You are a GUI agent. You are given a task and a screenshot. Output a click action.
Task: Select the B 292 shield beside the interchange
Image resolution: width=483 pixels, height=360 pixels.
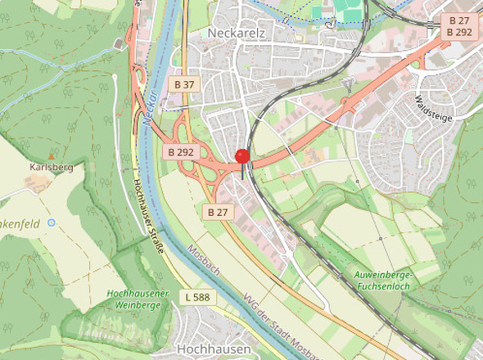click(181, 151)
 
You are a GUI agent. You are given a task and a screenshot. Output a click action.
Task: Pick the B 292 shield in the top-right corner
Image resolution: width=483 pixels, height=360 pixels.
click(458, 32)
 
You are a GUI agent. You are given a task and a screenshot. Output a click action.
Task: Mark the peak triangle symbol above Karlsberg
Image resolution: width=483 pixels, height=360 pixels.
click(52, 155)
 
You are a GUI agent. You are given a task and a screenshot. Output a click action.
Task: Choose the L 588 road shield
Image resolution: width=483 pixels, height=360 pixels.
click(198, 295)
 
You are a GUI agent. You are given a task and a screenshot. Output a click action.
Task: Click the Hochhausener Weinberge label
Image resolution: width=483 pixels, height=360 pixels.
click(137, 299)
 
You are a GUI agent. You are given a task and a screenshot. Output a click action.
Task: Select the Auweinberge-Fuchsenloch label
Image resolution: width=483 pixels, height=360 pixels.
click(386, 279)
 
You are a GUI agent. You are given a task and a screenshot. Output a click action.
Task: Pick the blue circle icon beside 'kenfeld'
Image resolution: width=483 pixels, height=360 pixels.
click(51, 222)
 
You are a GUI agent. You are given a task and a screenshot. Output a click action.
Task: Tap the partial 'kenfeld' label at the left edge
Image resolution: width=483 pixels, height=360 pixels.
click(20, 222)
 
